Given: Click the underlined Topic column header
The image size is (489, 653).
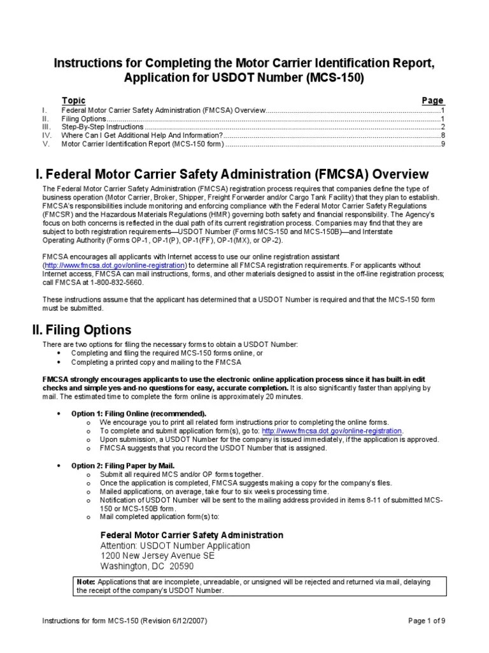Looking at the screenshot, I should [73, 101].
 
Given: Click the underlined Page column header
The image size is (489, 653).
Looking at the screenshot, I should [432, 101].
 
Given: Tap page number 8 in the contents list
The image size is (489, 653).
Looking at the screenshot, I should [442, 135].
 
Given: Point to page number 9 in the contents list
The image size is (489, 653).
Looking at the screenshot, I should [442, 144].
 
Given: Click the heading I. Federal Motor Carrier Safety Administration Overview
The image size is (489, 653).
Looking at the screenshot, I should [232, 175].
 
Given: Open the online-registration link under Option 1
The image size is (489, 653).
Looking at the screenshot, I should [332, 431].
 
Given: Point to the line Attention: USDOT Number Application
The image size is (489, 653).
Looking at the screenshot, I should [175, 546].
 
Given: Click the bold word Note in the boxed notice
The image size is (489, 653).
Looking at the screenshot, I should [85, 582].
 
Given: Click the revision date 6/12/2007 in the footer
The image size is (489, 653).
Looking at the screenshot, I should [185, 620].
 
